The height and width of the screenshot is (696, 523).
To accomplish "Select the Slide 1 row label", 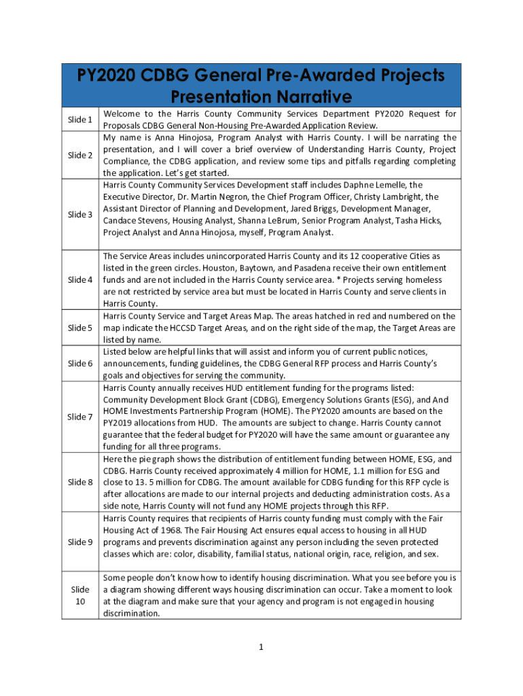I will click(x=80, y=120).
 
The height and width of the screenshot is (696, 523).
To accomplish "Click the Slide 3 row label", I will click(x=80, y=215).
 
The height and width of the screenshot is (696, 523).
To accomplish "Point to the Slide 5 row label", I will click(x=80, y=328).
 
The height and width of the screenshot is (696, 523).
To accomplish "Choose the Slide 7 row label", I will click(x=80, y=417).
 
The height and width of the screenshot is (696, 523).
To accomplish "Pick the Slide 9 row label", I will click(x=80, y=542).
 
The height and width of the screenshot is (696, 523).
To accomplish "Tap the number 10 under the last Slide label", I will click(x=80, y=602).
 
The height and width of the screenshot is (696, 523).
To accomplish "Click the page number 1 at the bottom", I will click(x=261, y=647).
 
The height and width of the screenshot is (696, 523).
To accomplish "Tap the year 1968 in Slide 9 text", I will click(x=168, y=530).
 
